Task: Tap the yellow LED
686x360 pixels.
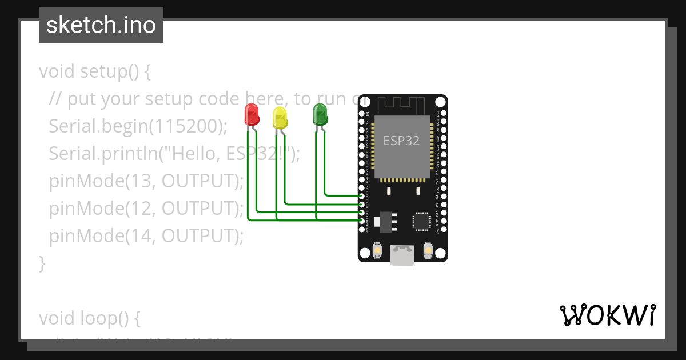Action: (280, 117)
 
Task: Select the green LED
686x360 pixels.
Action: (320, 114)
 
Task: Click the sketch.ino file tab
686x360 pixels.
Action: (101, 25)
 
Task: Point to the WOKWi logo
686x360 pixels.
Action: (607, 315)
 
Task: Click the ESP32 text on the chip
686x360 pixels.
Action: (401, 141)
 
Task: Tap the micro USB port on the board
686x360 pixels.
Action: (402, 255)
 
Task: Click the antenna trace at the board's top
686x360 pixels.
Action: (402, 105)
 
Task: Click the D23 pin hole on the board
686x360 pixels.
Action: (444, 114)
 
